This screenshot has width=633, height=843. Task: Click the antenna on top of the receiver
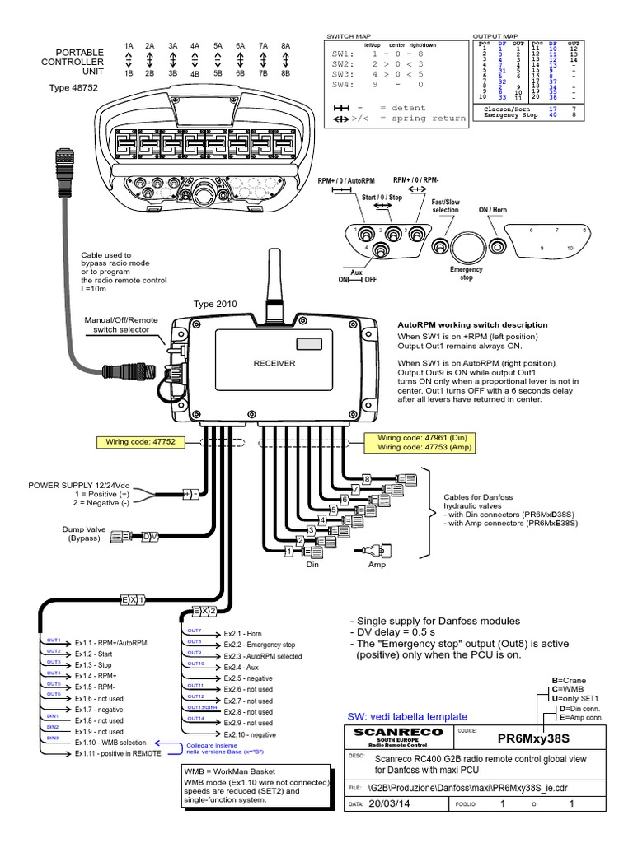click(273, 283)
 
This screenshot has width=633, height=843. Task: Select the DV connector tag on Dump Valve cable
click(149, 536)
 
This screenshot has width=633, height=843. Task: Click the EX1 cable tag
click(134, 600)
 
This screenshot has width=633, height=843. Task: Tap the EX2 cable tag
click(204, 611)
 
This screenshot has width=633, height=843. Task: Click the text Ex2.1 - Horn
click(244, 633)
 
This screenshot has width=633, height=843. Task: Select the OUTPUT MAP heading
click(495, 37)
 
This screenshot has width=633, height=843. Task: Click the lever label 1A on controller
click(129, 46)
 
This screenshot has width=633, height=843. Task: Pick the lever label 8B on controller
click(285, 72)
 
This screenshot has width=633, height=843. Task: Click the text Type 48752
click(72, 86)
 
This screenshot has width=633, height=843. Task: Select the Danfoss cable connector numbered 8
click(407, 478)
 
